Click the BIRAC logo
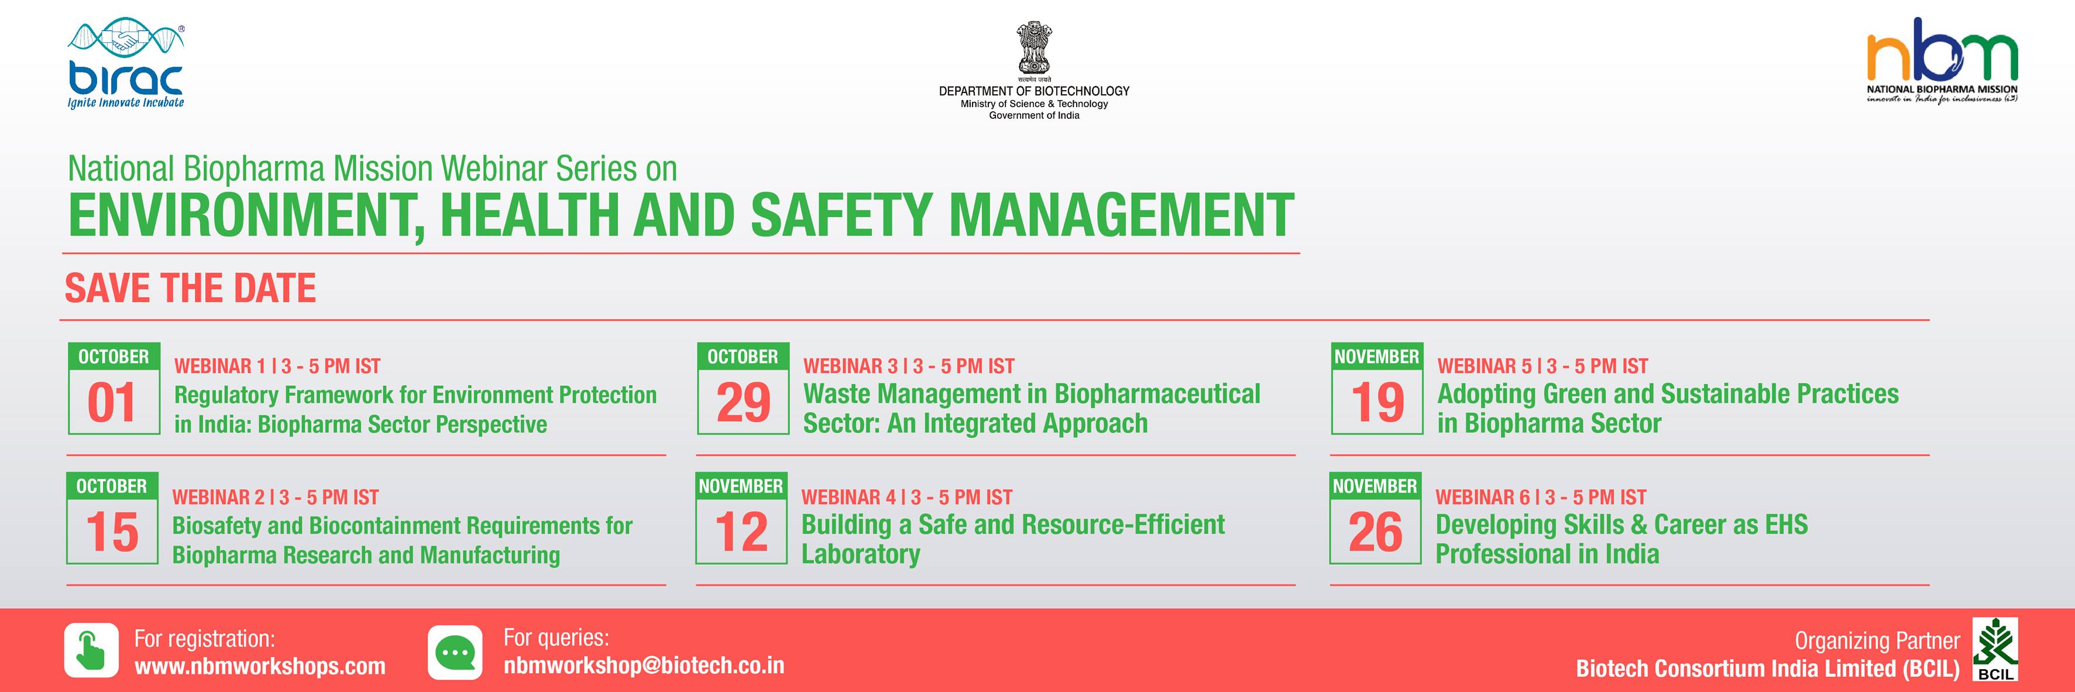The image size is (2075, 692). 126,64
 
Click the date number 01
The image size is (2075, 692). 112,403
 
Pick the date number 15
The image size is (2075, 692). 112,533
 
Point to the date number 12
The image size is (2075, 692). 741,533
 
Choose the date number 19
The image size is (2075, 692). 1377,403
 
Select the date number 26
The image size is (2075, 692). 1375,533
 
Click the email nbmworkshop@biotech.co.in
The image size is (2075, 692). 644,666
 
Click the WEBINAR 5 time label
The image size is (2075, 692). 1542,366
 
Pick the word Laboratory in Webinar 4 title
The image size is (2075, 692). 860,555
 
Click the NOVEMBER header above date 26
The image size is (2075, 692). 1375,487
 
